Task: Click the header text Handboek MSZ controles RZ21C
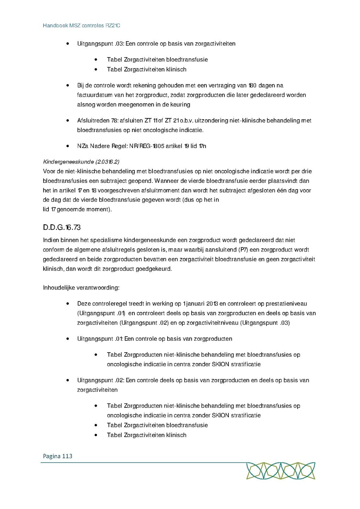[82, 26]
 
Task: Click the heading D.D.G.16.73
[62, 228]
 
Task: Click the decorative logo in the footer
[280, 471]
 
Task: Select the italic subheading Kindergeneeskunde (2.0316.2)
[81, 162]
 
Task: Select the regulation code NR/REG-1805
[146, 146]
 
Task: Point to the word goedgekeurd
[154, 269]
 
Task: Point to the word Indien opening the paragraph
[51, 240]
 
